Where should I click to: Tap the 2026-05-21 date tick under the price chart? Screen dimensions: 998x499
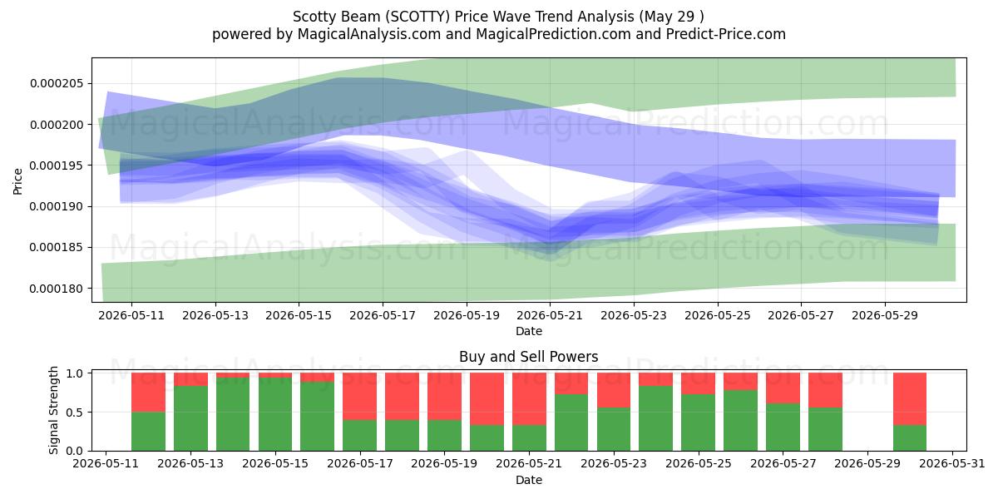pos(550,315)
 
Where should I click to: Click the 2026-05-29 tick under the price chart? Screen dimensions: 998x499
pos(885,315)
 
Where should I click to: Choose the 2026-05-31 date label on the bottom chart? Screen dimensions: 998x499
pos(952,464)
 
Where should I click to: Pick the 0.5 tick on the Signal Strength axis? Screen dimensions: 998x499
pos(76,413)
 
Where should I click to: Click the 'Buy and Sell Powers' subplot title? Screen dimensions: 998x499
pos(529,357)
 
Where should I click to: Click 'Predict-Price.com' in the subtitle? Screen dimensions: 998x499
pos(726,34)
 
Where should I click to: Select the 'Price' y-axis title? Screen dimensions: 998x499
pos(17,181)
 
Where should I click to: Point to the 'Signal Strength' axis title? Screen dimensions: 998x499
pos(53,410)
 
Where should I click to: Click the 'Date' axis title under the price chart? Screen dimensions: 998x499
pos(529,332)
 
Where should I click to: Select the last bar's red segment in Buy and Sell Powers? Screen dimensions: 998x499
pos(910,398)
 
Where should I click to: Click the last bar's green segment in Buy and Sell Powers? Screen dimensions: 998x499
pos(910,438)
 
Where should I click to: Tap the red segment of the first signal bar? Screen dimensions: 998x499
pos(148,393)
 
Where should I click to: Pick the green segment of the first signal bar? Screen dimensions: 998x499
pos(148,432)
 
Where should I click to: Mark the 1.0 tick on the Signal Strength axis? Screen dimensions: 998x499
pos(76,373)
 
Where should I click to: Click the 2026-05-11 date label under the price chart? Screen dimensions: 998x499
pos(131,315)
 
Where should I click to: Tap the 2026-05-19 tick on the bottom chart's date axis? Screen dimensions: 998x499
pos(444,464)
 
